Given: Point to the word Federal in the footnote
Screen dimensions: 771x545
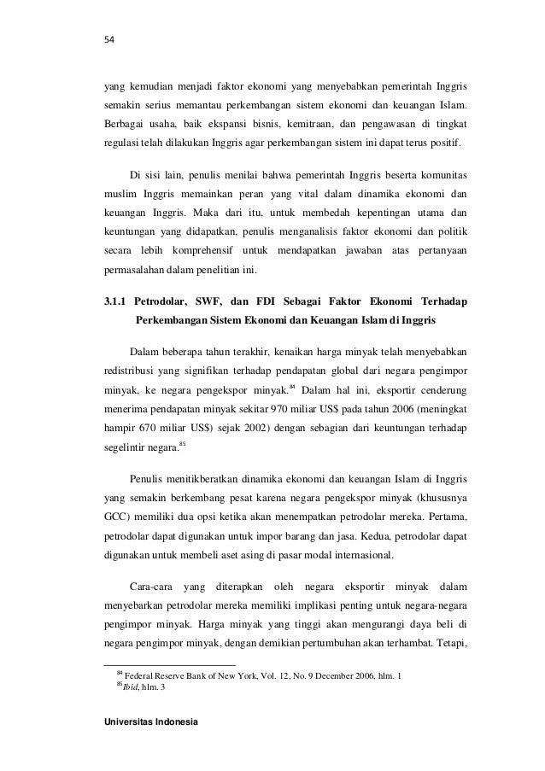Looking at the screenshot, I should [x=143, y=676].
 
